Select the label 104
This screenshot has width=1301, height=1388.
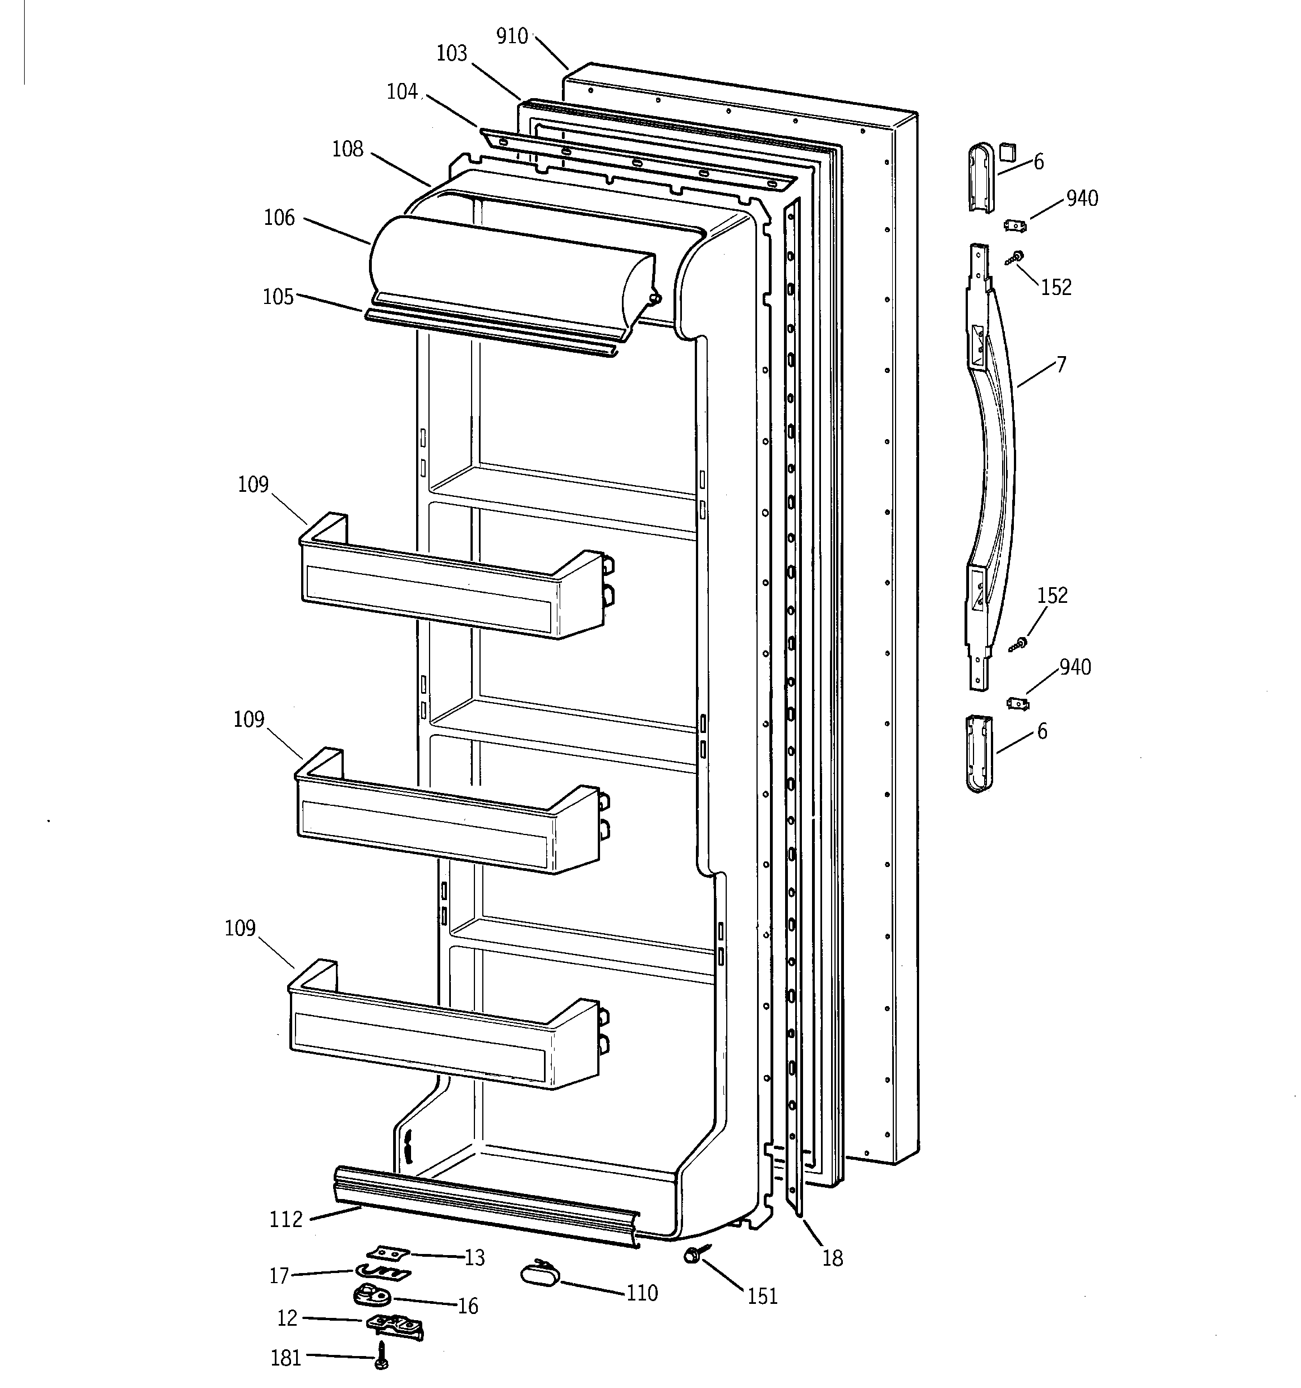(x=402, y=91)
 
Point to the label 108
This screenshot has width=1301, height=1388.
(x=348, y=149)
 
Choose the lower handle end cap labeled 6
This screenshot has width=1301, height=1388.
(x=979, y=754)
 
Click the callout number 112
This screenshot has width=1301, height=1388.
(x=287, y=1220)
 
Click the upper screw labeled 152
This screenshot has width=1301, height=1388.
(x=1016, y=257)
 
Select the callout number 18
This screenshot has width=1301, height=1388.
(x=832, y=1258)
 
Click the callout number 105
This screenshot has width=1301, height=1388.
(x=278, y=297)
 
